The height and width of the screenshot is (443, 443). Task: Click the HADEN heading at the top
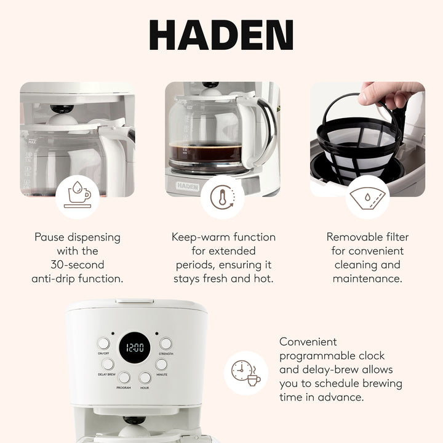[x=221, y=36]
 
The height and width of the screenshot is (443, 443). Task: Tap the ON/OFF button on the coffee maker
[x=103, y=343]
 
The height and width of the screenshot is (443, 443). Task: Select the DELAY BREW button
[x=108, y=364]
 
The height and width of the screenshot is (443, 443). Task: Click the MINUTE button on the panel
[x=161, y=364]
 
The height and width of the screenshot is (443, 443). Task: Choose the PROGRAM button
[x=124, y=377]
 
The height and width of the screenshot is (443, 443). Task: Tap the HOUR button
[x=145, y=377]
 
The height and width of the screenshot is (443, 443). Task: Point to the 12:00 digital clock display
[x=134, y=348]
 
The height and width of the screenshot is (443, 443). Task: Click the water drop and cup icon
[x=78, y=197]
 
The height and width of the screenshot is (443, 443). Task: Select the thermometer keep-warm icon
[x=222, y=197]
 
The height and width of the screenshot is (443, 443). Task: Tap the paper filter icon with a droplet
[x=367, y=197]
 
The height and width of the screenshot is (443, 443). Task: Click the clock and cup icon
[x=245, y=372]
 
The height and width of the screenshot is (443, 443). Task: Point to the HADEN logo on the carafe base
[x=187, y=185]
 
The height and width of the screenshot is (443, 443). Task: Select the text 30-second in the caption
[x=78, y=265]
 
